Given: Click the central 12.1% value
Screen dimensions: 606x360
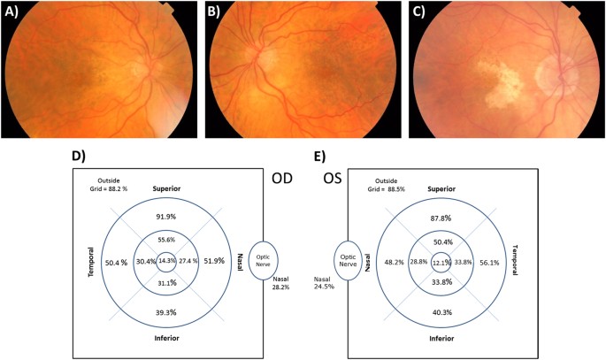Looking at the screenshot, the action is pyautogui.click(x=441, y=263).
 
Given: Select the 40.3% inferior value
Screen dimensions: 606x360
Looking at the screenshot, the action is pyautogui.click(x=441, y=311).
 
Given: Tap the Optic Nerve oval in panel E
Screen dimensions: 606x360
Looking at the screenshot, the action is pyautogui.click(x=348, y=261).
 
